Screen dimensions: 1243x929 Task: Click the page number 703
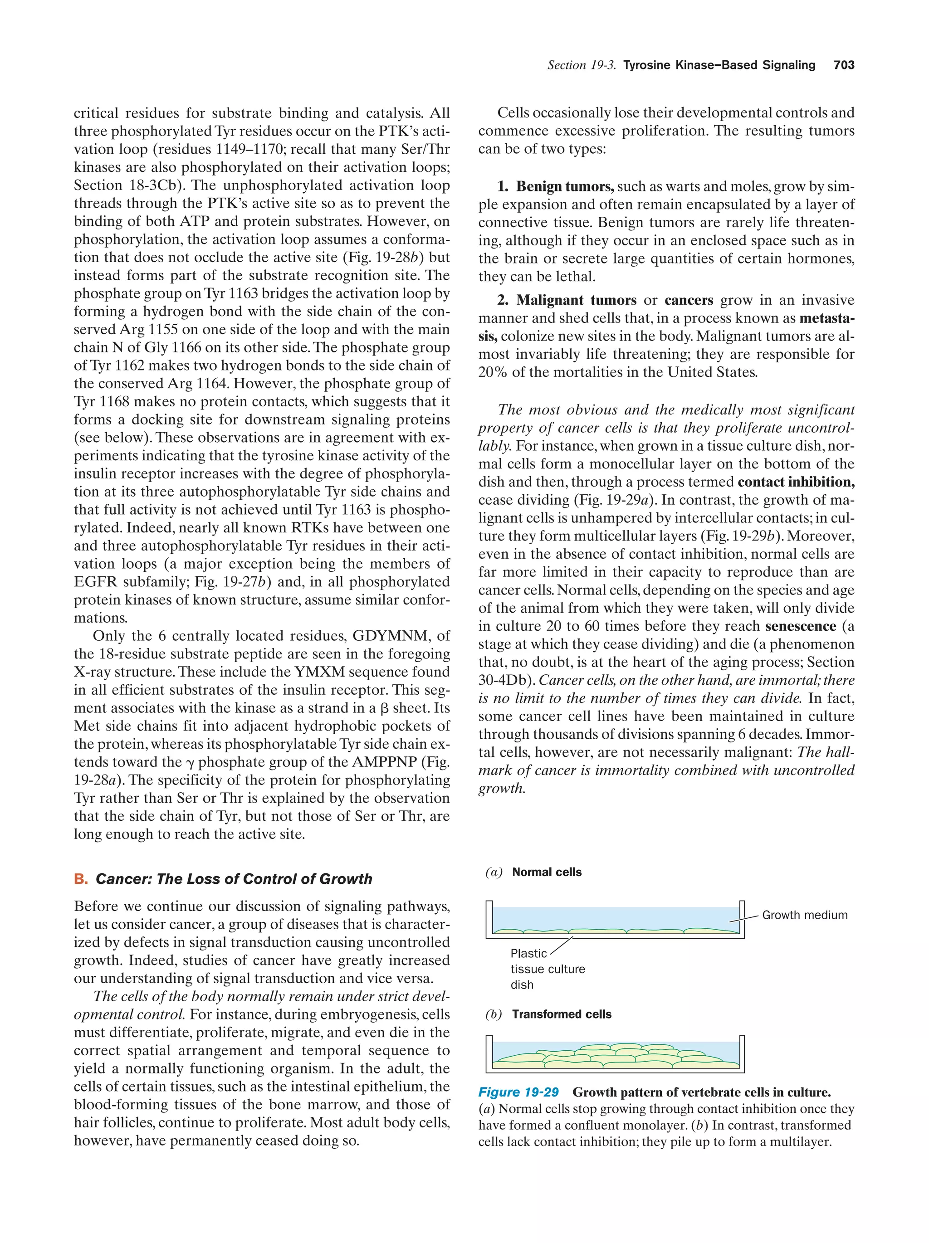point(844,65)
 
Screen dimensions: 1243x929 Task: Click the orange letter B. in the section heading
point(80,879)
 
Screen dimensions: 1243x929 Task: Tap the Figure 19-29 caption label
point(518,1092)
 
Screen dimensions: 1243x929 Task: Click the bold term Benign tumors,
point(564,186)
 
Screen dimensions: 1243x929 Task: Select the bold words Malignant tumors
point(576,300)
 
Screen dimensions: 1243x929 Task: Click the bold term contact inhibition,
point(796,482)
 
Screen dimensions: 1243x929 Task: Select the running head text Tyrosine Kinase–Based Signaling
point(719,65)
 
